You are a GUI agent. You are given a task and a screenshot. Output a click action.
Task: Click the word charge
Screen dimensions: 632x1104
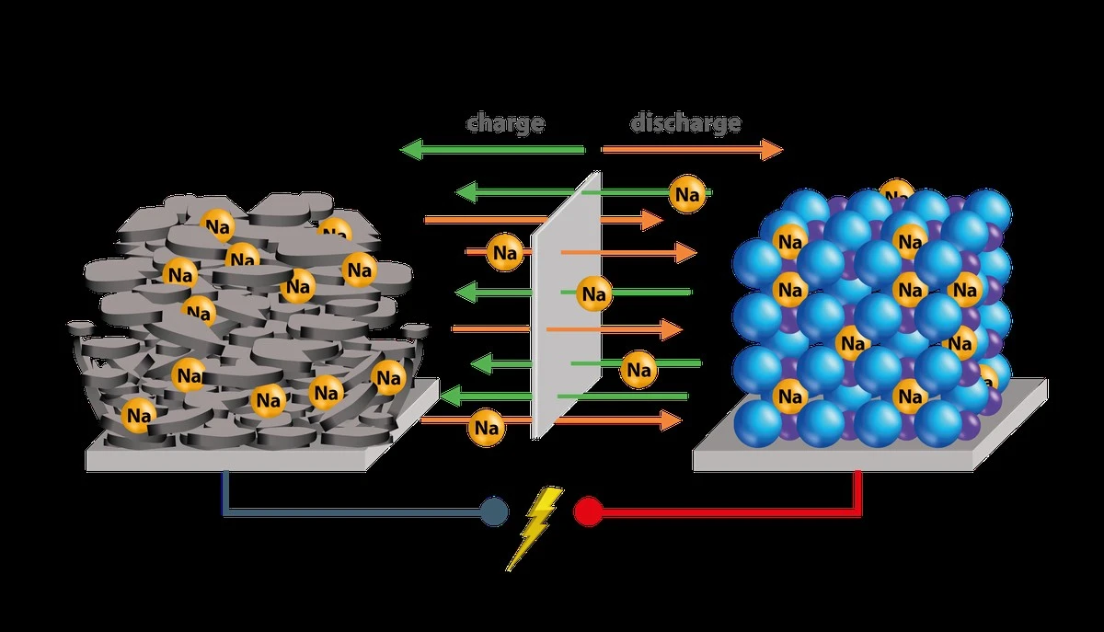point(505,122)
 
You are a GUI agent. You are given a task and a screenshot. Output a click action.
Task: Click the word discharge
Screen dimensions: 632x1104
point(685,122)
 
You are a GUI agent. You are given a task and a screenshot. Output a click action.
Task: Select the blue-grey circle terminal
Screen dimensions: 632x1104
point(494,511)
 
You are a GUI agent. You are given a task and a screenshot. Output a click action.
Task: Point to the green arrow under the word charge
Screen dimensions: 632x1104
point(493,149)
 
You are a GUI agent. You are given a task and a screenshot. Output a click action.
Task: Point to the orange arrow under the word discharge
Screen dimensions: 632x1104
point(691,149)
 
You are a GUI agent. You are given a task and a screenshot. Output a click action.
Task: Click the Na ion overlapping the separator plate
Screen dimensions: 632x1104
point(593,294)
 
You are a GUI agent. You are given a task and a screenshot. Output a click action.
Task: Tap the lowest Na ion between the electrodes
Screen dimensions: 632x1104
point(486,428)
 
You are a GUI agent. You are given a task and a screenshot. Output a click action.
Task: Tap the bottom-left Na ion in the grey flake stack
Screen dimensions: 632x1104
point(139,415)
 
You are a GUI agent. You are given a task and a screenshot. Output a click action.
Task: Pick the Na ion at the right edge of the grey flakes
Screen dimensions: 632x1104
point(388,376)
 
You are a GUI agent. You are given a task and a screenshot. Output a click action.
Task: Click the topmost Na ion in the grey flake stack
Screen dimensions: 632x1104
point(218,226)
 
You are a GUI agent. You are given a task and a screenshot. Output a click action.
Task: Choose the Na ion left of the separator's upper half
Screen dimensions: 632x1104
point(504,251)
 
